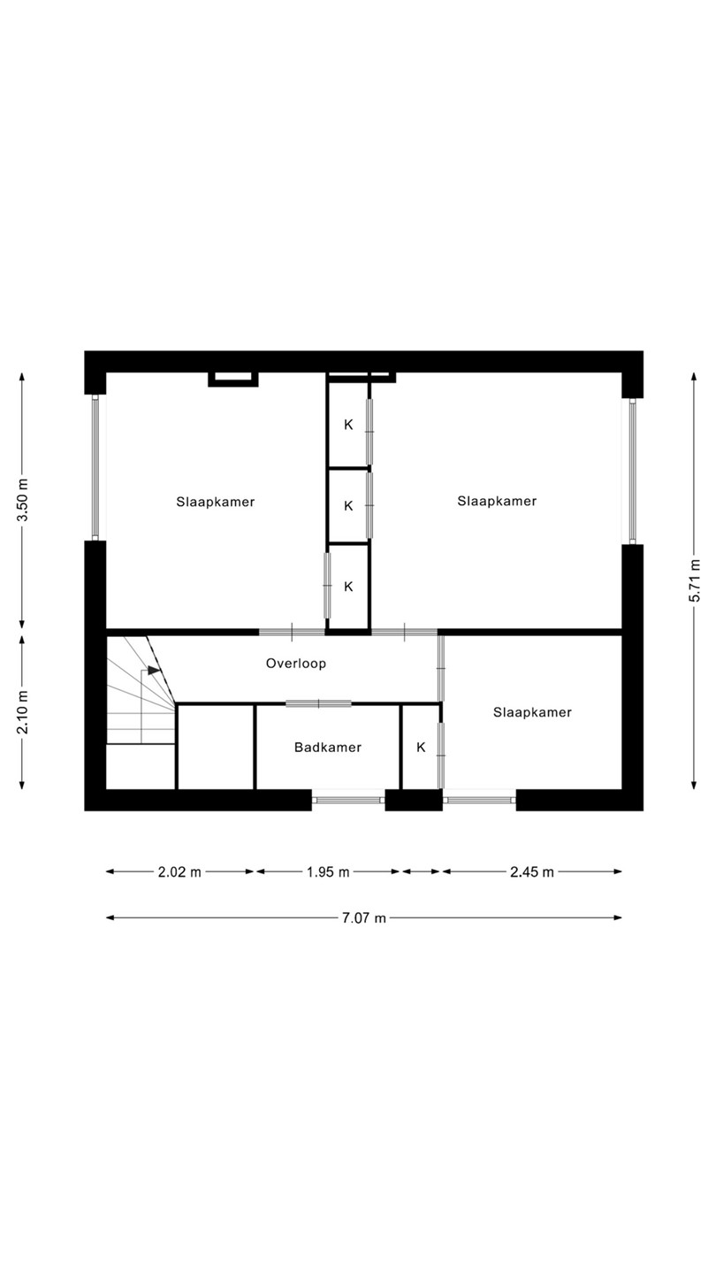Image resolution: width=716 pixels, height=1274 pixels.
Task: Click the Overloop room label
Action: click(296, 664)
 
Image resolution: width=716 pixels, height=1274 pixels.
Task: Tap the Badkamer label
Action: click(328, 748)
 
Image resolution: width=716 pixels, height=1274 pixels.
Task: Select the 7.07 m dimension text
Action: click(363, 918)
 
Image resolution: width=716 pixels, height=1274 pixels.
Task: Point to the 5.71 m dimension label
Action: click(695, 580)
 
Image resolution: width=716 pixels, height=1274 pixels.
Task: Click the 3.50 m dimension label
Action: click(22, 500)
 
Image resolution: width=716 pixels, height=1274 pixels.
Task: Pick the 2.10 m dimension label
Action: click(22, 713)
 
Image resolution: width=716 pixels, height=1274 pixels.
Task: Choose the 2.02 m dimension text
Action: click(179, 872)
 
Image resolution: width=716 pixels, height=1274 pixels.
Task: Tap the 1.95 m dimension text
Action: click(328, 872)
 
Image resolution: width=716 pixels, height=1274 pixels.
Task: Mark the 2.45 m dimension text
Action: click(532, 872)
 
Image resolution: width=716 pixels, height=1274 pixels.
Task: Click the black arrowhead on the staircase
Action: click(154, 671)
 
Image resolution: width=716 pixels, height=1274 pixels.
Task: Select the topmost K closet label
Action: click(349, 425)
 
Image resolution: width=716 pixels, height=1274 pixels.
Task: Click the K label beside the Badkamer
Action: click(421, 748)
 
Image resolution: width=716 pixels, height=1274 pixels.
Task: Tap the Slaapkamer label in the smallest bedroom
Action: click(532, 712)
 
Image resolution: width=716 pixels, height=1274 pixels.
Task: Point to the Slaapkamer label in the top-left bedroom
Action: click(216, 502)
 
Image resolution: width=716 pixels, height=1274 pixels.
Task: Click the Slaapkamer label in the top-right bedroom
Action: click(497, 501)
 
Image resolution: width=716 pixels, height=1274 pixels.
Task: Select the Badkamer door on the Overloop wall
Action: click(318, 703)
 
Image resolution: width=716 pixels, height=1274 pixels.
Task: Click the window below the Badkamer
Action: click(348, 800)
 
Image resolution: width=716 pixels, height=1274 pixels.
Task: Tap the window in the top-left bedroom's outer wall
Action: click(95, 467)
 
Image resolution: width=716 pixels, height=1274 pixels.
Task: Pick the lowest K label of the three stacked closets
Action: click(349, 587)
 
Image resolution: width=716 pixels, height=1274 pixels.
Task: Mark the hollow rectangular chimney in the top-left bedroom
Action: click(233, 380)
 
